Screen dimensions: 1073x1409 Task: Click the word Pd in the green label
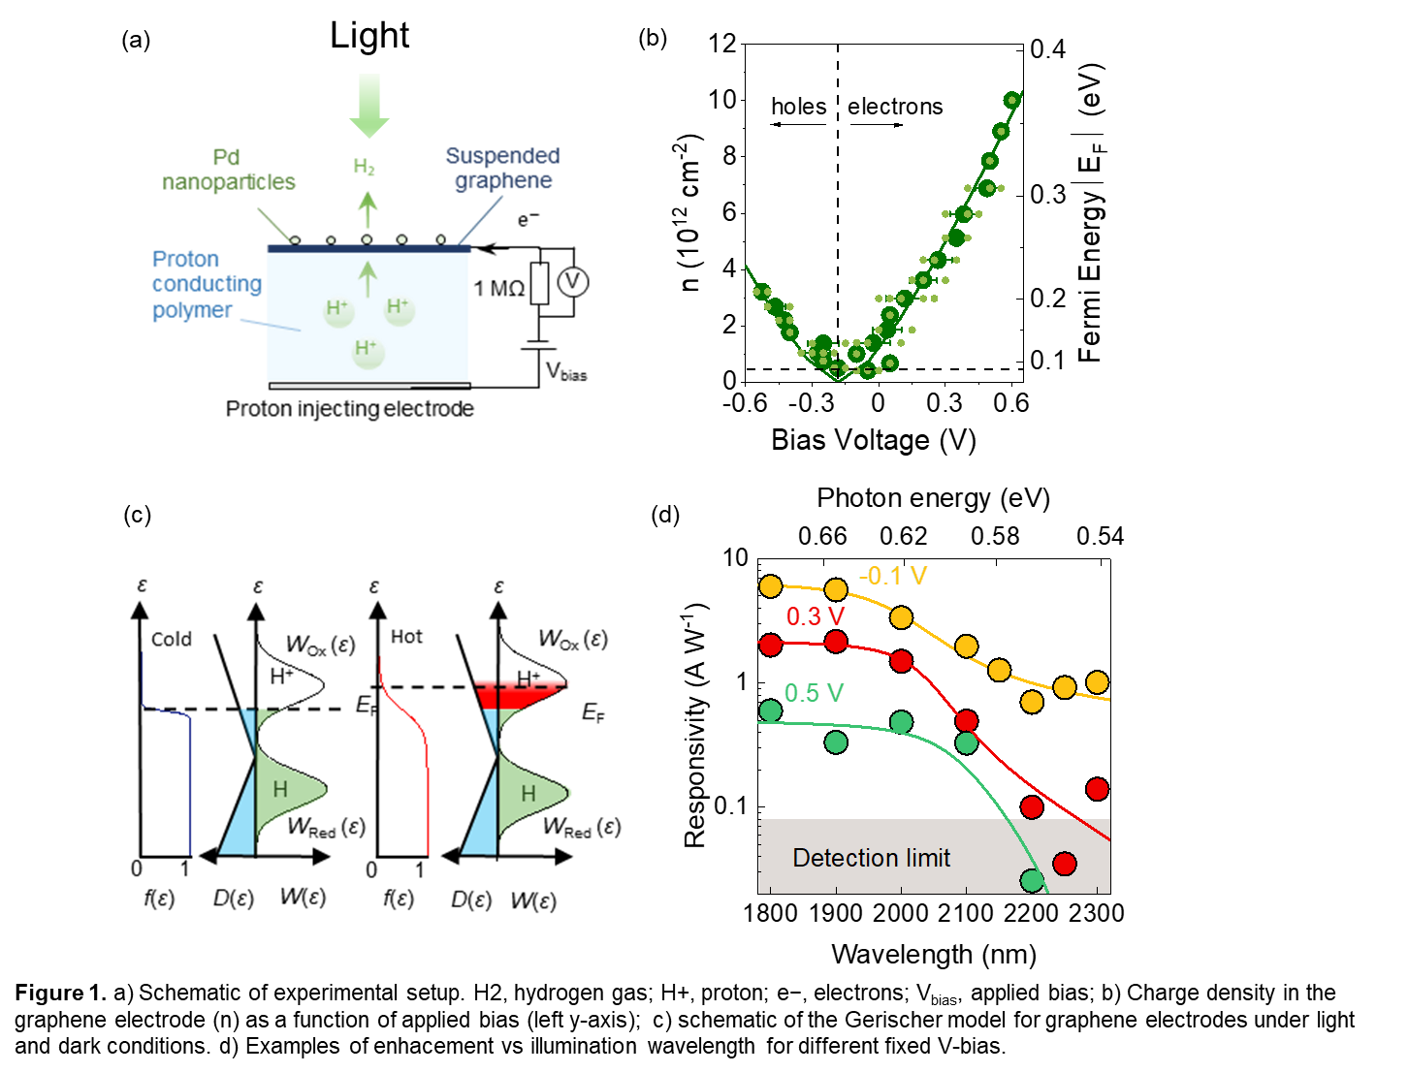click(x=226, y=157)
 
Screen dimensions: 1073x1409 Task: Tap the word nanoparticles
click(x=229, y=182)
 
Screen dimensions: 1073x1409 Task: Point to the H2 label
click(x=364, y=168)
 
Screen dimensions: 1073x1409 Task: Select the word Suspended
click(x=502, y=156)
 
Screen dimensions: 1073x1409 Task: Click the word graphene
click(x=503, y=181)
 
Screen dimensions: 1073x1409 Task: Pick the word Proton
click(x=185, y=260)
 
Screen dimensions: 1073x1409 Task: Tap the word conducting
click(x=207, y=284)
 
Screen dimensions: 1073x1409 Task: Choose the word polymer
click(x=192, y=310)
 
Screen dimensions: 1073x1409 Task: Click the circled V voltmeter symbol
click(x=573, y=282)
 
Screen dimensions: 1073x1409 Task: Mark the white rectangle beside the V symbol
click(x=539, y=283)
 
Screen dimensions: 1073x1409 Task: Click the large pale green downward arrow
click(x=369, y=105)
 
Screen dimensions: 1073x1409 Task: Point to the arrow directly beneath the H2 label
click(x=368, y=207)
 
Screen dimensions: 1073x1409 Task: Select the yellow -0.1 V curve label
click(x=892, y=577)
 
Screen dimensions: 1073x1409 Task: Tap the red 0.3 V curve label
click(x=816, y=616)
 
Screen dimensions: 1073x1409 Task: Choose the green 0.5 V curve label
click(x=814, y=693)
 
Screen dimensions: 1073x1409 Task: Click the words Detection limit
click(x=871, y=858)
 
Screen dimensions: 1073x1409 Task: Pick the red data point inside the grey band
click(x=1065, y=864)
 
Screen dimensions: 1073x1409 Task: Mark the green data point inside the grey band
click(x=1032, y=880)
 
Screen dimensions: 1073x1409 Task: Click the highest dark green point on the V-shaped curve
click(x=1011, y=99)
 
